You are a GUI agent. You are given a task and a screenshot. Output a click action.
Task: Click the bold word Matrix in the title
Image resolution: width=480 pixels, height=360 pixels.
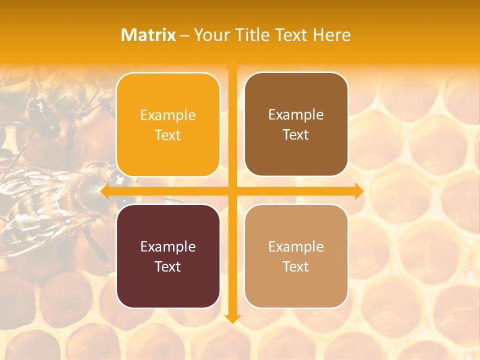coord(148,35)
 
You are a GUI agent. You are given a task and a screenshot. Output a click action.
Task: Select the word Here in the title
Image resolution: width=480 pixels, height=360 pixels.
coord(332,35)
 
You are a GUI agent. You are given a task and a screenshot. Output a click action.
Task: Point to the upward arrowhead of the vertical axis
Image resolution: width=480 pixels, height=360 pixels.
coord(232,66)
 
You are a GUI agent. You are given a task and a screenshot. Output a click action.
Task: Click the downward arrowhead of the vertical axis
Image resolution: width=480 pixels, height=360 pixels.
coord(232,318)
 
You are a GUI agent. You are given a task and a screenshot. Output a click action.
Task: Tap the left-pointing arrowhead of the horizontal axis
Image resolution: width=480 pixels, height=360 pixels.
coord(105,191)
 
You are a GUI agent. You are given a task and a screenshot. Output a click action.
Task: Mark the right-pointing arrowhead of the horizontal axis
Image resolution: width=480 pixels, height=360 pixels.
coord(359,191)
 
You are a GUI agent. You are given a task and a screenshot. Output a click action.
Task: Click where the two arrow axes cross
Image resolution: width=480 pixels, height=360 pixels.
coord(232,191)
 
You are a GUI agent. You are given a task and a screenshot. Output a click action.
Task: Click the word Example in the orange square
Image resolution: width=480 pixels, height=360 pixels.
coord(168,115)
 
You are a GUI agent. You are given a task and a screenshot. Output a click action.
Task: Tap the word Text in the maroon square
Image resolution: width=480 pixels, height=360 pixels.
coord(168,266)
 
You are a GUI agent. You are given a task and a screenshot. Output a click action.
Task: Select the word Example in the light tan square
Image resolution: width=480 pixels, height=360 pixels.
coord(296,246)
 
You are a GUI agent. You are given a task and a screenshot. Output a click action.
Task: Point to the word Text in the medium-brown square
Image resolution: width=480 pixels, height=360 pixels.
coord(296,135)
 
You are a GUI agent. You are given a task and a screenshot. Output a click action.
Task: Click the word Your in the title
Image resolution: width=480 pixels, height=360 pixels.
coord(210,35)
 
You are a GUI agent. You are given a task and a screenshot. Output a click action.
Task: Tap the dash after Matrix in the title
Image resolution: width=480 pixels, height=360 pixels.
coord(184,35)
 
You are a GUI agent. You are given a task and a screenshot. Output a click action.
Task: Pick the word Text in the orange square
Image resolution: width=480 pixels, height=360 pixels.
coord(168,135)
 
